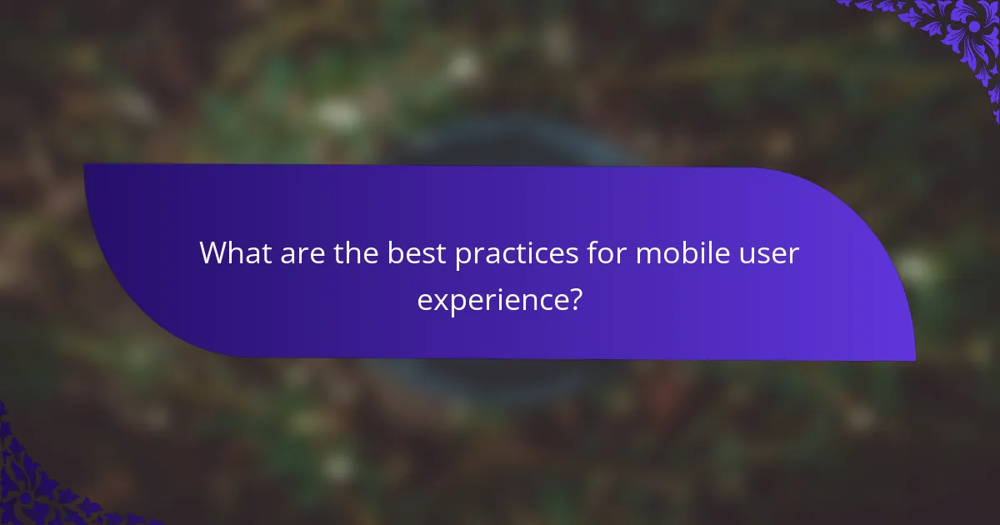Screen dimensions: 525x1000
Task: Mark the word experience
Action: (x=491, y=298)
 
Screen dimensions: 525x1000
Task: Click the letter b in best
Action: (x=393, y=253)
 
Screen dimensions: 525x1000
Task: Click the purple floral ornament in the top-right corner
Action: (x=958, y=33)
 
